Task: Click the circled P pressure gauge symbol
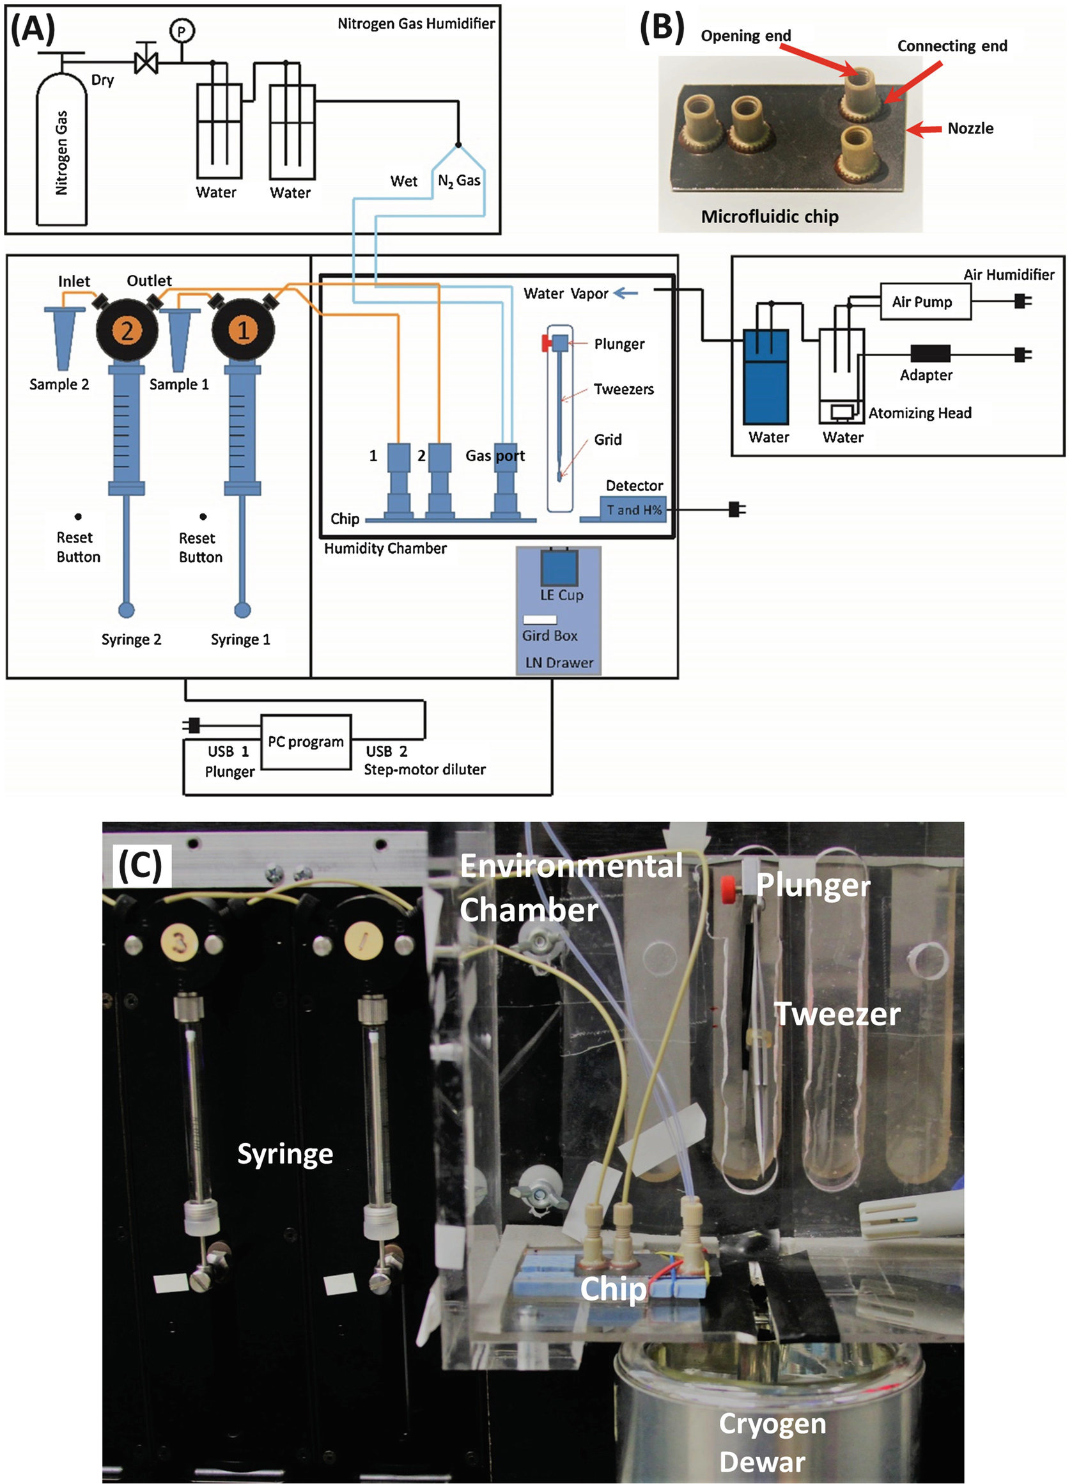pos(182,30)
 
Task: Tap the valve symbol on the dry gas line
pos(146,63)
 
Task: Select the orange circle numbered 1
pos(244,331)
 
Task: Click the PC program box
pos(306,742)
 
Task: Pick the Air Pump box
pos(925,302)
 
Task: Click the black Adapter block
pos(930,354)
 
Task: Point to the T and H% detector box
pos(633,510)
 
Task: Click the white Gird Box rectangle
pos(540,619)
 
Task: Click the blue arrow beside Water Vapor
pos(625,293)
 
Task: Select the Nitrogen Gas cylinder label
pos(61,152)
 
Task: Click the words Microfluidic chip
pos(769,217)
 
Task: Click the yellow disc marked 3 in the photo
pos(180,942)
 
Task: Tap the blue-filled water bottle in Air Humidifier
pos(766,377)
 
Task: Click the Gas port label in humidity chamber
pos(495,455)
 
